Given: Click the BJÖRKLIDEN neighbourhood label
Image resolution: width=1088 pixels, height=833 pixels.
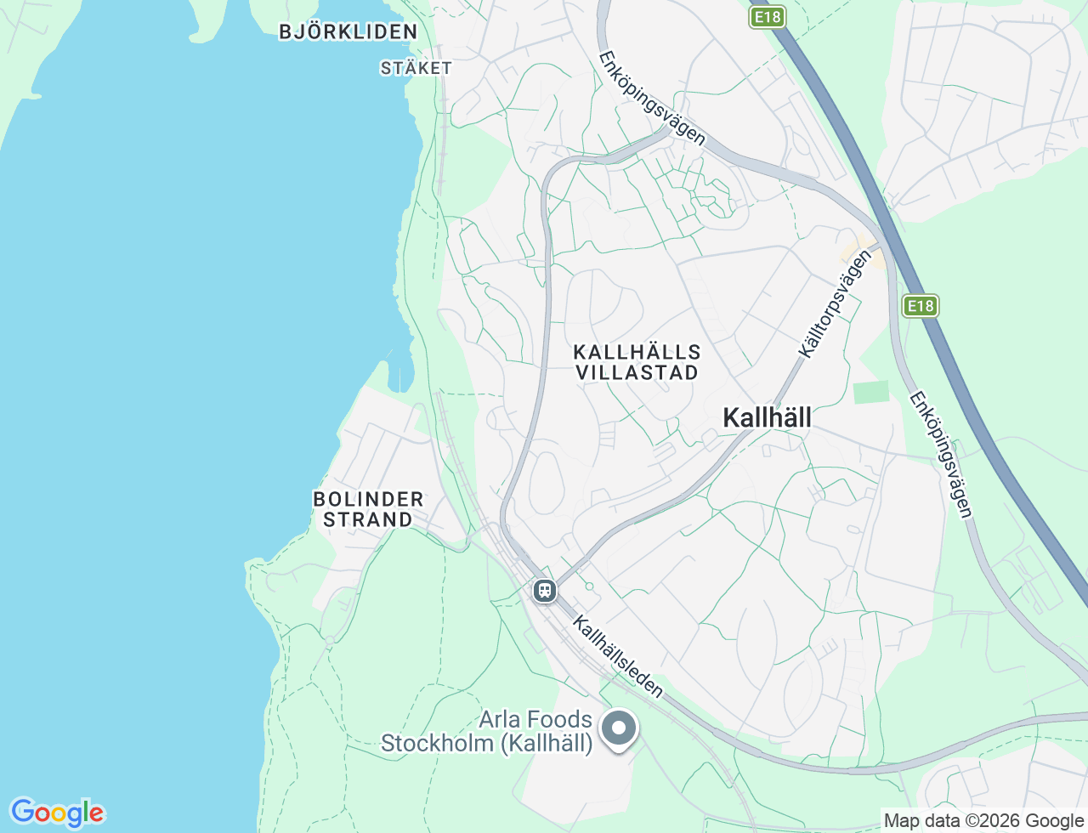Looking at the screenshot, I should pos(348,32).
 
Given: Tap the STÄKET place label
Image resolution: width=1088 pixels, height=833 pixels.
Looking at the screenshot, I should pos(416,68).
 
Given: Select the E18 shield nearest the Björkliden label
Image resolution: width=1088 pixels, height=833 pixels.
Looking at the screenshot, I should pos(767,17).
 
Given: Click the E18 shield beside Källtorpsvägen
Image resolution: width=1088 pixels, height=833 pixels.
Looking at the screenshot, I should pos(920,306).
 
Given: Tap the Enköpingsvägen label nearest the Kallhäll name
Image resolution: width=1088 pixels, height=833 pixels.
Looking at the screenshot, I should pos(941,454).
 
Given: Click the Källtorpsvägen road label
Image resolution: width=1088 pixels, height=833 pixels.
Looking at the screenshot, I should pos(835,303).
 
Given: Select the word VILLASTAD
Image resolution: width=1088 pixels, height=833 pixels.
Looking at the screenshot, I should pos(637,372).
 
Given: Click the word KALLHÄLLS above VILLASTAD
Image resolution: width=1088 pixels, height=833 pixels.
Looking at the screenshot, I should pos(637,352).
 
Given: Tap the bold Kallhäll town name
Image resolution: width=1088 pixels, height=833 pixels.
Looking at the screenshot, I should pos(767,417).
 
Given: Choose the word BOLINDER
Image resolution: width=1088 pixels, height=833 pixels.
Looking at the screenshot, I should pos(368,499).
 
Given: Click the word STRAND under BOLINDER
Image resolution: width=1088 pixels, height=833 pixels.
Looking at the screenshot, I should pos(368,519).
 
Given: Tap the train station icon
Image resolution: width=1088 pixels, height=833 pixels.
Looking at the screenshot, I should pos(545,590).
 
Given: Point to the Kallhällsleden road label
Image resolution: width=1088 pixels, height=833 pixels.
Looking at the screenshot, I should pos(618,657).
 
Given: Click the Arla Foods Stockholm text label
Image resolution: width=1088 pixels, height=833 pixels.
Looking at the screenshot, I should pos(486,731).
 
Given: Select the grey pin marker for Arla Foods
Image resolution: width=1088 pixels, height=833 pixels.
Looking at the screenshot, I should pos(620,728).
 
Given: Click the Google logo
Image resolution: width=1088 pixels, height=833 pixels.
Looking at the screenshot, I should pos(57,813).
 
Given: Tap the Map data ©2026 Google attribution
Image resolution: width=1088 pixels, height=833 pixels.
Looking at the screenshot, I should pos(983,820).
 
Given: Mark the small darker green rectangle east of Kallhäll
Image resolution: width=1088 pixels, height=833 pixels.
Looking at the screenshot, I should pos(871,393).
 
